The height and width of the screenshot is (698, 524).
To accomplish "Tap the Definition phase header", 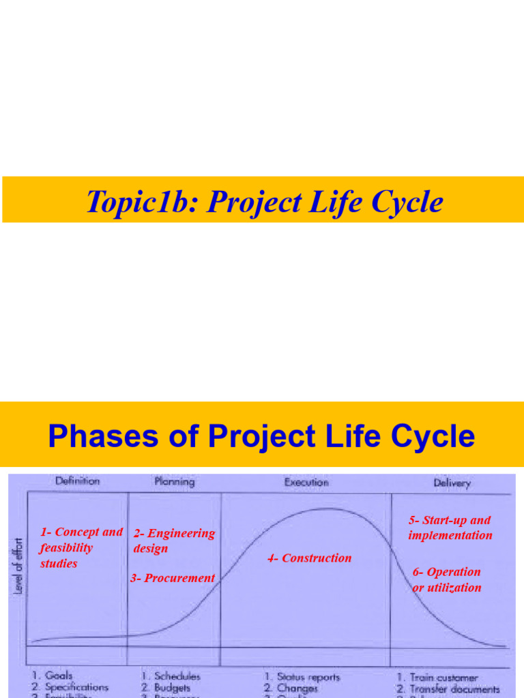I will tap(77, 481).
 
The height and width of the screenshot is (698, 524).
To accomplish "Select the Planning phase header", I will tap(174, 481).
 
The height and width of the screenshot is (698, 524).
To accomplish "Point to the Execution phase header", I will tap(306, 482).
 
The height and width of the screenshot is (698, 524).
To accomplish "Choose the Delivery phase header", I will tap(452, 483).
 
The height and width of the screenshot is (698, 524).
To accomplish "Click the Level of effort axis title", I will tap(18, 565).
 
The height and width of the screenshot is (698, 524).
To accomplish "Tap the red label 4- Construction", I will tap(309, 558).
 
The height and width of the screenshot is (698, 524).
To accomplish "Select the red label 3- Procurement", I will tap(173, 578).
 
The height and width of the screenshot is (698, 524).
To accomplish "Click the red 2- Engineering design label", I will tap(173, 541).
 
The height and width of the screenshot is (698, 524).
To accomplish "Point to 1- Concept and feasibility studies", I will tap(81, 547).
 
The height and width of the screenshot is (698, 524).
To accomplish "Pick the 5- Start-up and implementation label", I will tap(450, 528).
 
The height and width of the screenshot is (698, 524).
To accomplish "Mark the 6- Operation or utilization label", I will tap(447, 579).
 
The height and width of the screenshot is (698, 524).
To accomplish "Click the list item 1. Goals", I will tap(53, 676).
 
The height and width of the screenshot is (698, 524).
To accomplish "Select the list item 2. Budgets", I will tap(166, 688).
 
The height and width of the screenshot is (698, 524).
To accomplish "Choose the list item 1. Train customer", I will tap(437, 678).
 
